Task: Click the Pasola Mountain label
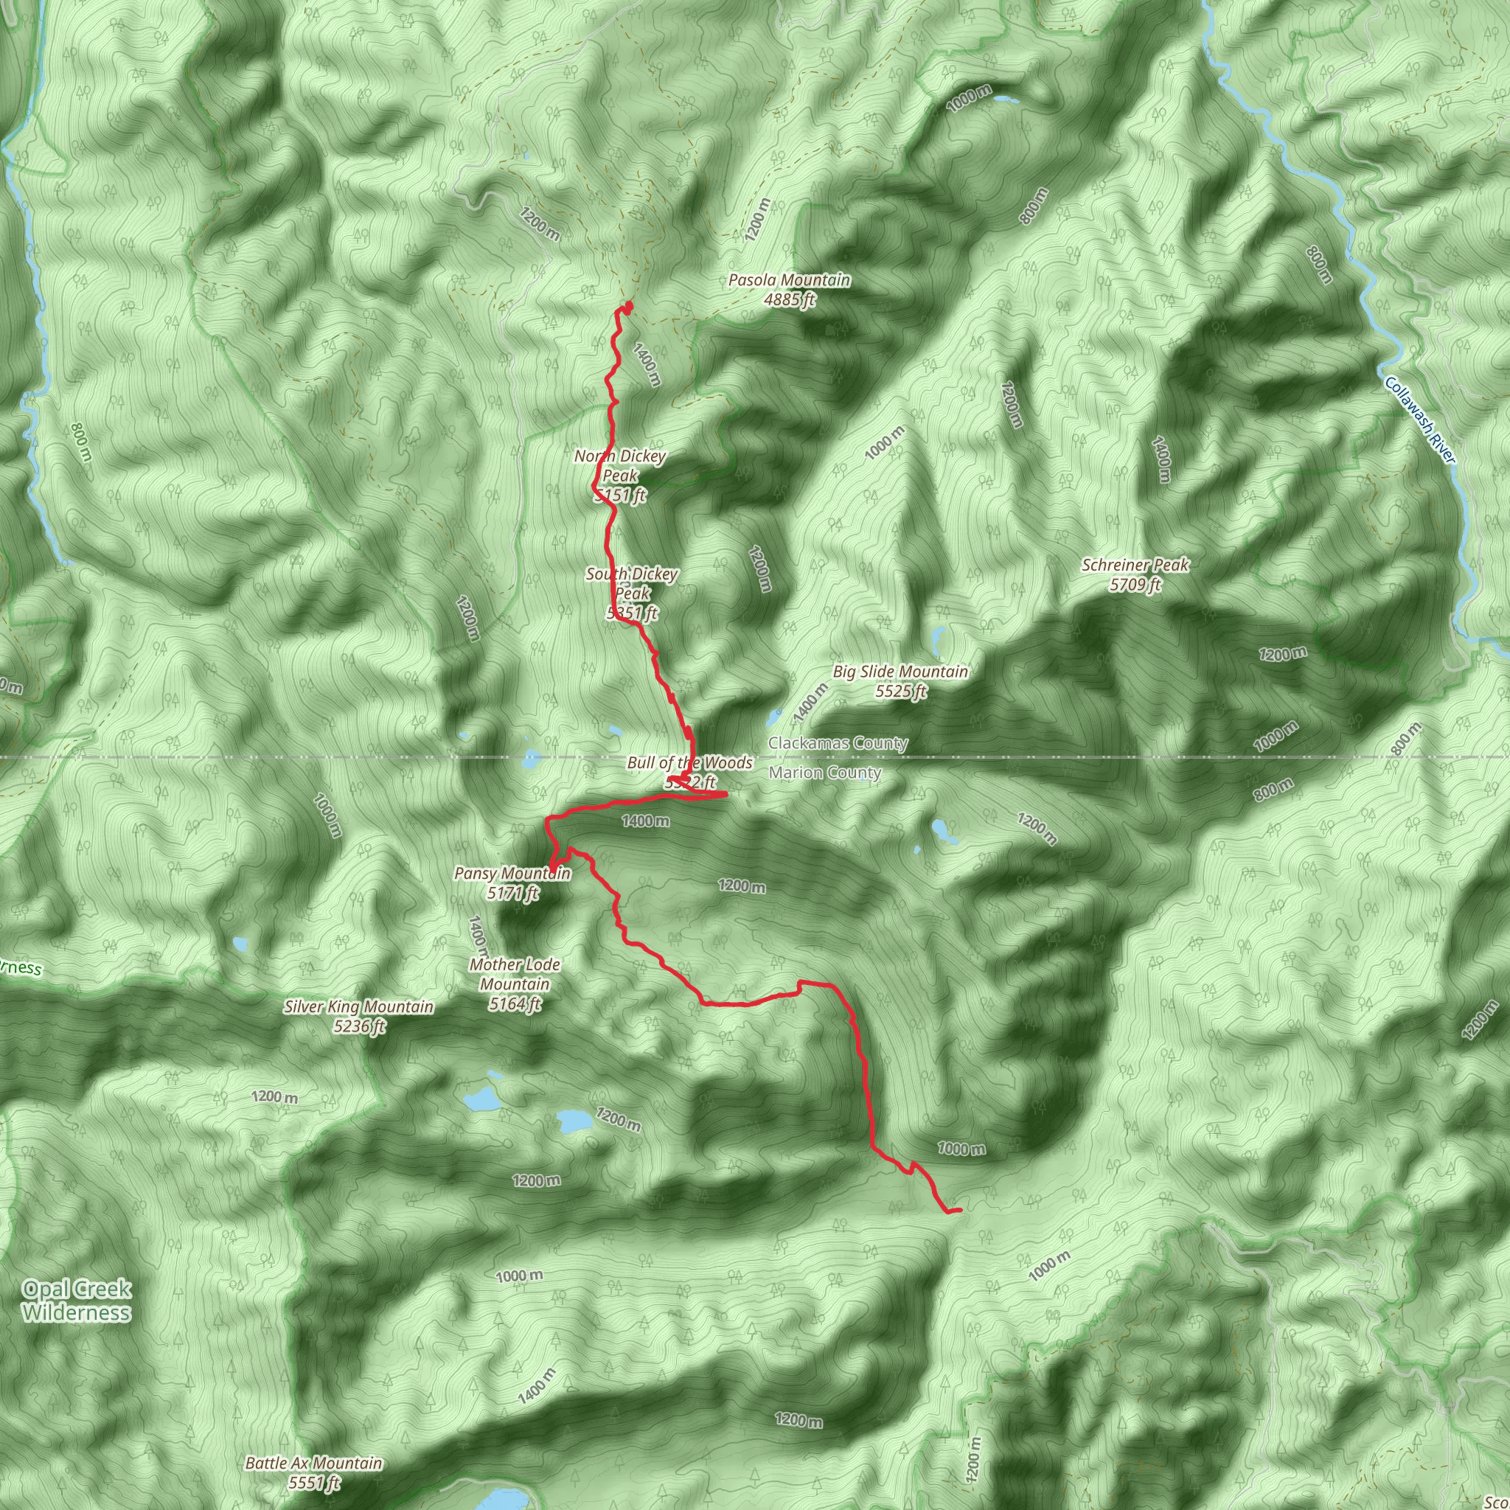click(x=790, y=279)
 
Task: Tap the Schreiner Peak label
click(x=1135, y=565)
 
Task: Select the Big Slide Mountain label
click(x=900, y=672)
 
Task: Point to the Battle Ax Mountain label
click(x=313, y=1463)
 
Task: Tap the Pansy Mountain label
click(x=512, y=873)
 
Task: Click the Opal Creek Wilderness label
click(x=77, y=1301)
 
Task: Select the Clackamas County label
click(x=838, y=742)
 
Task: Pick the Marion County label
click(x=824, y=773)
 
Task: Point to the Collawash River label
click(x=1420, y=420)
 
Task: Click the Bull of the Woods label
click(x=689, y=763)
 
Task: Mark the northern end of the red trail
click(x=628, y=304)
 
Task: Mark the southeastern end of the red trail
click(x=959, y=1211)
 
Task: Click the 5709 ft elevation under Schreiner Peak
click(x=1135, y=585)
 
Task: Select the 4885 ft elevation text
click(x=790, y=299)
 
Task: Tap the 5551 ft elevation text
click(x=313, y=1483)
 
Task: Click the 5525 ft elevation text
click(x=900, y=691)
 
